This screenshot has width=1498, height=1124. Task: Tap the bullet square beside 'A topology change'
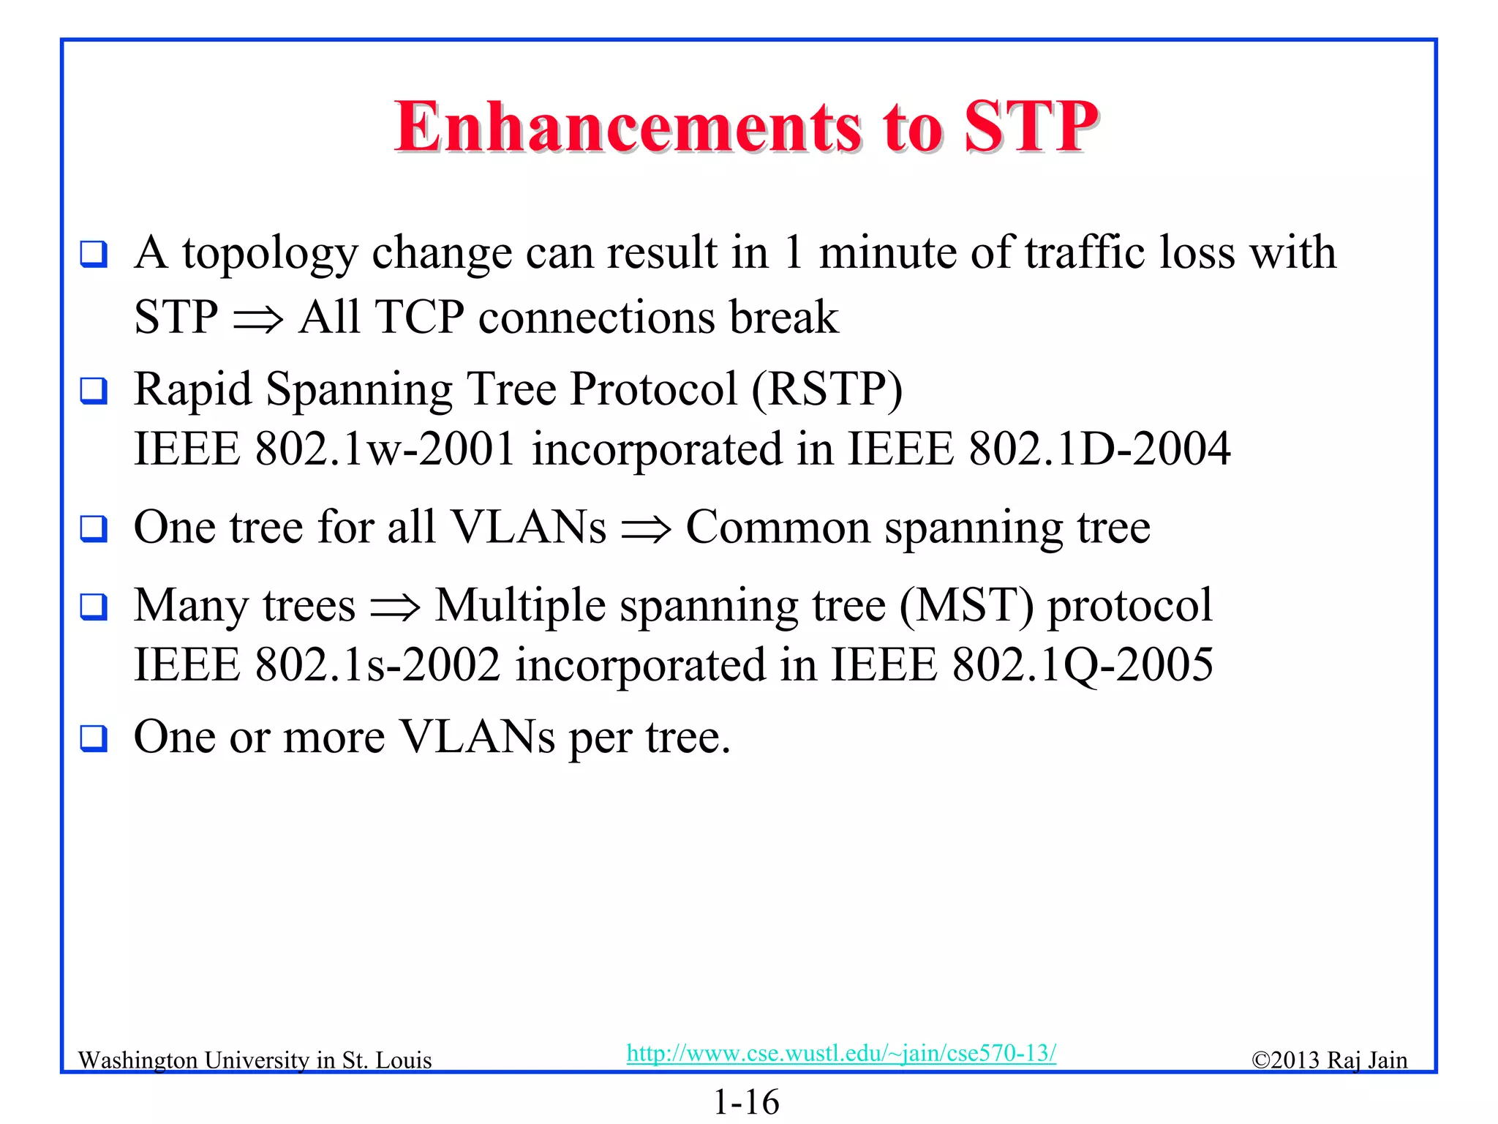pos(94,254)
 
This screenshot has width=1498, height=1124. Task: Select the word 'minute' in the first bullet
pos(887,253)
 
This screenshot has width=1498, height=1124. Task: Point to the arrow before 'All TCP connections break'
pos(257,319)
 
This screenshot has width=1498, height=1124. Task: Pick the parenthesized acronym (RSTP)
pos(827,389)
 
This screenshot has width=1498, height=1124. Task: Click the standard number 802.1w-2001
pos(385,449)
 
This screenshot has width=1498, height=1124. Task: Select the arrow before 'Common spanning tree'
pos(645,529)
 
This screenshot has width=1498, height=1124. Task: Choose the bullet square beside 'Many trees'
pos(94,607)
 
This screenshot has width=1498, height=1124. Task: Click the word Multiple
pos(520,606)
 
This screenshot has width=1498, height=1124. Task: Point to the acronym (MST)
pos(966,606)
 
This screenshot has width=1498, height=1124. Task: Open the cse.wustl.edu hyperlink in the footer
pos(841,1053)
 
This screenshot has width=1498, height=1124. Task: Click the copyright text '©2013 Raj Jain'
pos(1329,1060)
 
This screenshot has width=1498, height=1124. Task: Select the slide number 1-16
pos(746,1102)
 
